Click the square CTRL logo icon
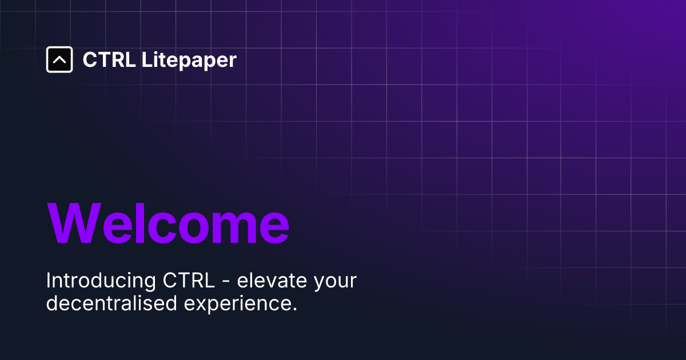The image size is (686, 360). pos(59,59)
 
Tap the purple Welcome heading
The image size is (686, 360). pos(168,224)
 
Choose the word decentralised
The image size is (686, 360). pos(111,303)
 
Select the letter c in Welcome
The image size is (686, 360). pos(158,227)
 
